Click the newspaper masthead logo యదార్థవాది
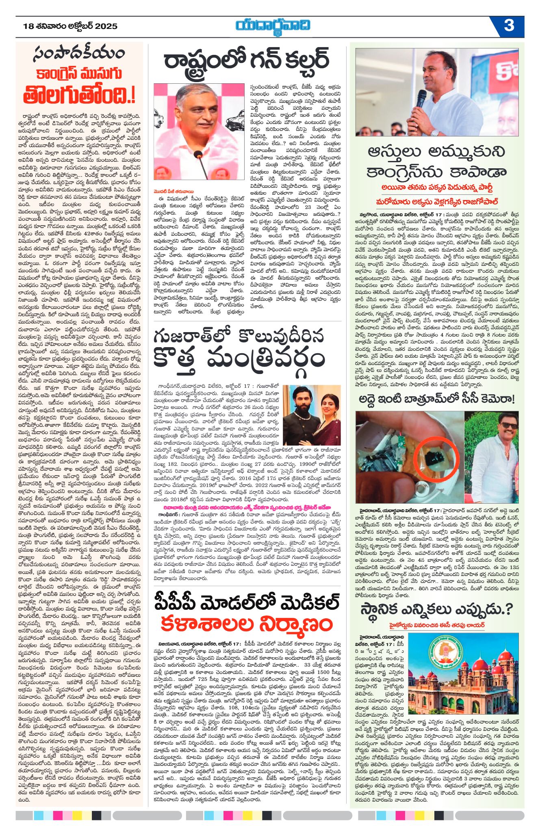[273, 26]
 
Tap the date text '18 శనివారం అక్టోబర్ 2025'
[71, 26]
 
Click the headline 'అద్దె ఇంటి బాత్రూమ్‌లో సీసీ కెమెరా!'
[436, 400]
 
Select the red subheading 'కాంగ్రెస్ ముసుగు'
[79, 74]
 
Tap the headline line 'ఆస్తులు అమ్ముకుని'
[436, 152]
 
